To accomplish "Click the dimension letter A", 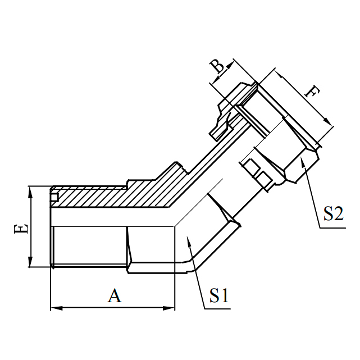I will (115, 295).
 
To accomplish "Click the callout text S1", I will (218, 295).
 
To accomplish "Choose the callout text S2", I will (333, 214).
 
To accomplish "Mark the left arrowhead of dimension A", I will (54, 308).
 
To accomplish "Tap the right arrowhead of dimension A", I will (171, 308).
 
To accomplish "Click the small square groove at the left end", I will (54, 197).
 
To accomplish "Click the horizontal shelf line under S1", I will (216, 308).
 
